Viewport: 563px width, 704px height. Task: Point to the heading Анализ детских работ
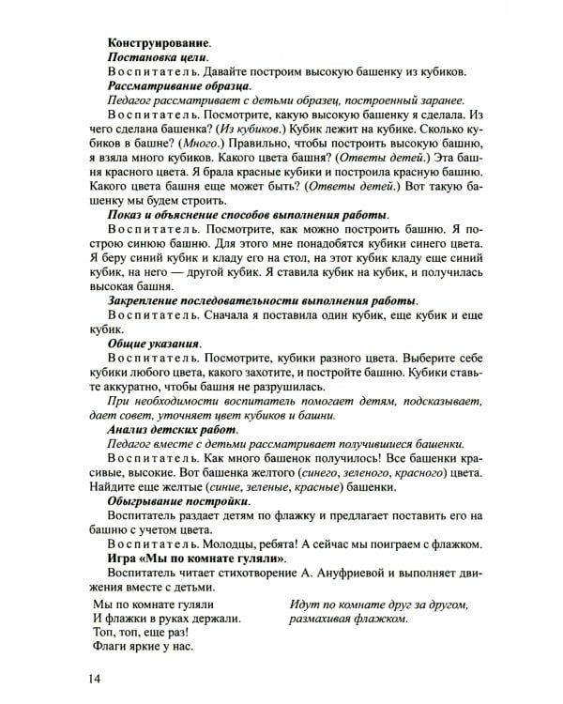point(165,428)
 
